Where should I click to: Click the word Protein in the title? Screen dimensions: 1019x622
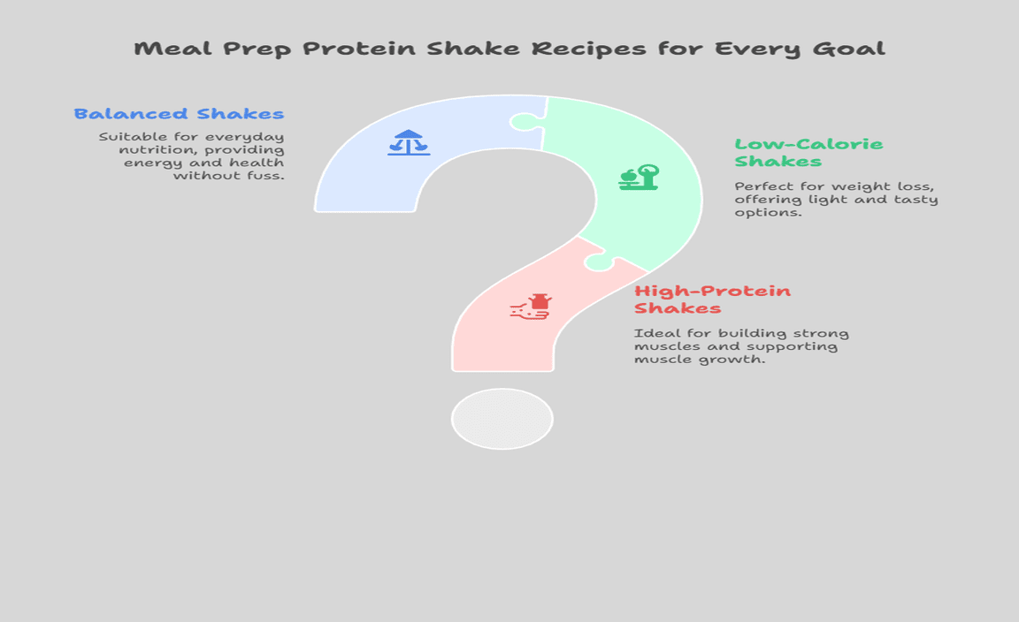pos(359,49)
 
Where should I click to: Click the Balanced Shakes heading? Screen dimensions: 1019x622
pos(179,114)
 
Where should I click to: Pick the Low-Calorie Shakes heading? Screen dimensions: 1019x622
pos(808,153)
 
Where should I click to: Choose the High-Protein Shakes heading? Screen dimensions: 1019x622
pos(712,300)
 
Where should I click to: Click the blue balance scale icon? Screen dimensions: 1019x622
pos(409,142)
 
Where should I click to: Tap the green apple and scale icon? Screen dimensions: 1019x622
pos(639,178)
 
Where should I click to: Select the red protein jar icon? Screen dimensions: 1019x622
pos(531,307)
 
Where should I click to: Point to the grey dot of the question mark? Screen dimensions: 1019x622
pos(502,419)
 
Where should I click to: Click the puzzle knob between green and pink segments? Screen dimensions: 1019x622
pos(599,261)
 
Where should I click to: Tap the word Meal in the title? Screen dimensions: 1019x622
pos(172,49)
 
